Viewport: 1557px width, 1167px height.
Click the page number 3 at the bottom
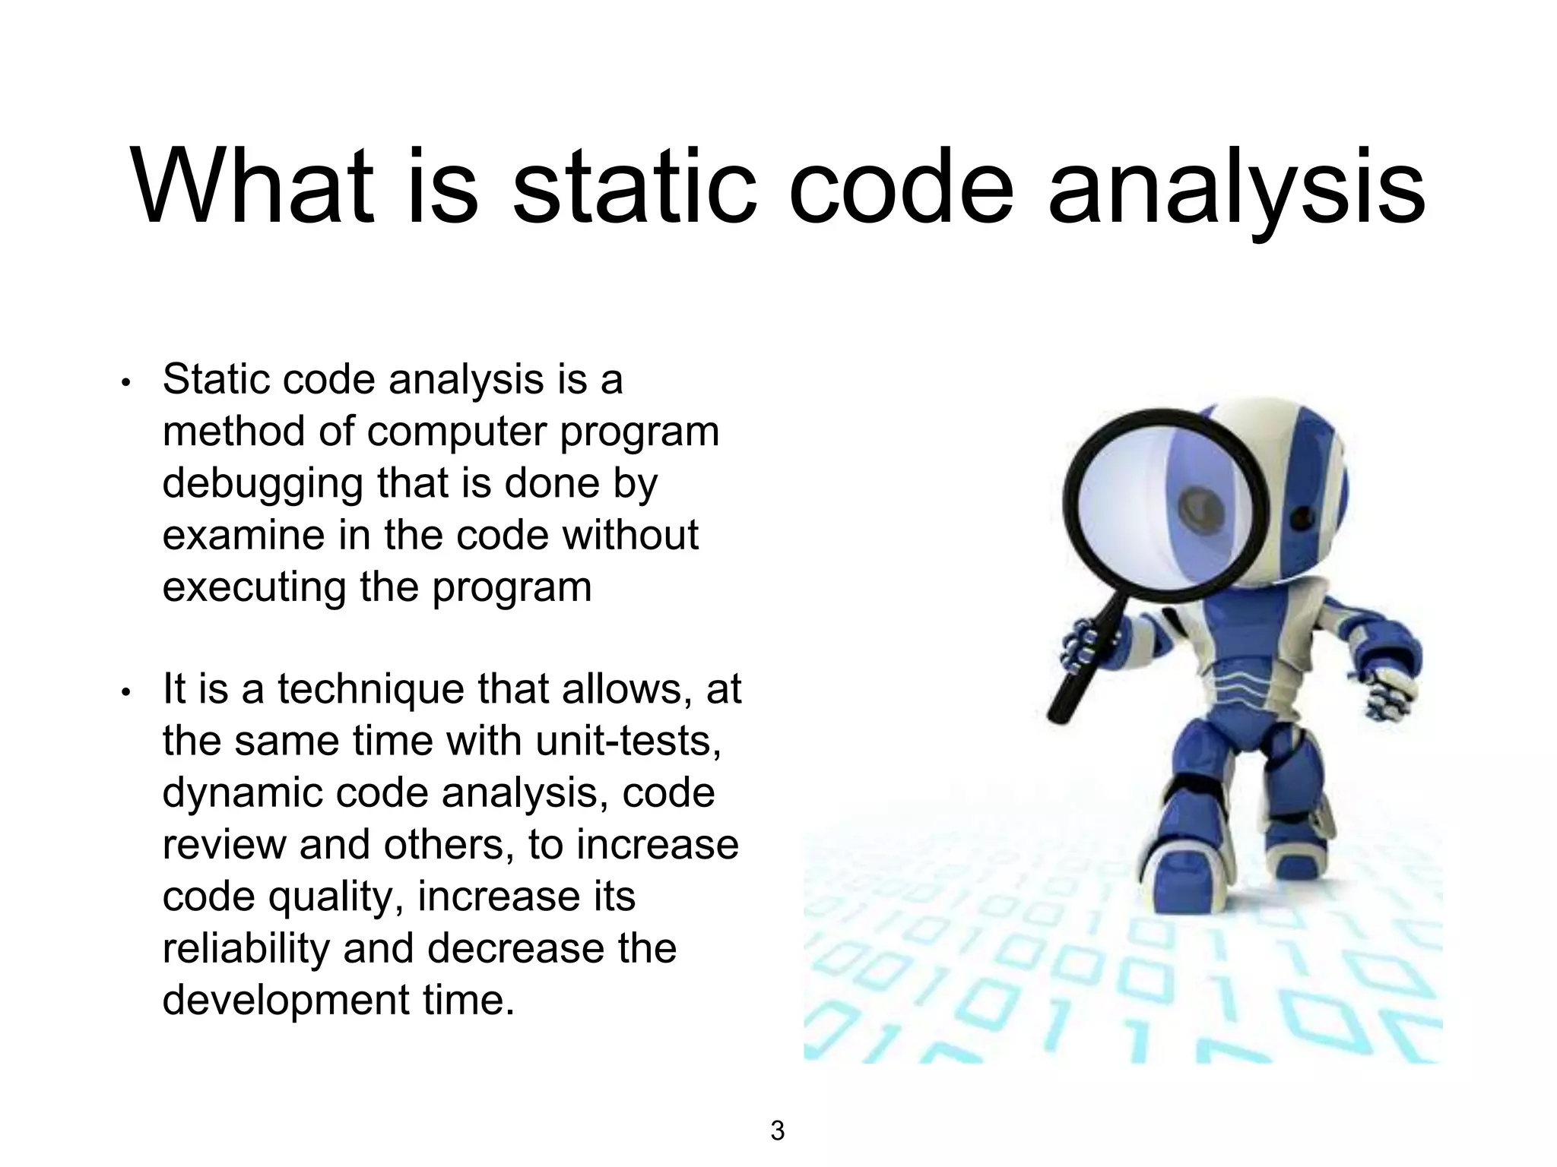click(x=777, y=1131)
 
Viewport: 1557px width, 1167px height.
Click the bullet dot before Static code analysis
click(x=126, y=382)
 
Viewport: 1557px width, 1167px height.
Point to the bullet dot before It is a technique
click(x=126, y=692)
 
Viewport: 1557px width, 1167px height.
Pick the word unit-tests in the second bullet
click(x=628, y=742)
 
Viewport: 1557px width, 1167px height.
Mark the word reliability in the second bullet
click(x=246, y=949)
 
